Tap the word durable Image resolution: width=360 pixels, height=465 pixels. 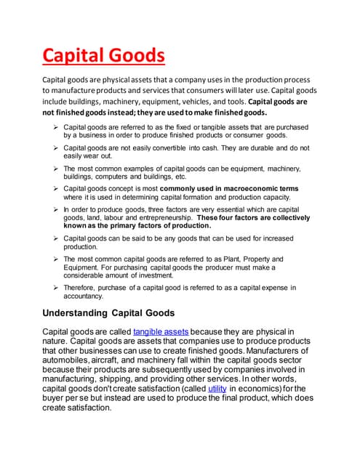[x=227, y=147]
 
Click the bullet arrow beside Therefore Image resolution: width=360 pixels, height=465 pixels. [x=56, y=288]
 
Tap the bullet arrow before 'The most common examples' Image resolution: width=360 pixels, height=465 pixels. [x=56, y=168]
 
